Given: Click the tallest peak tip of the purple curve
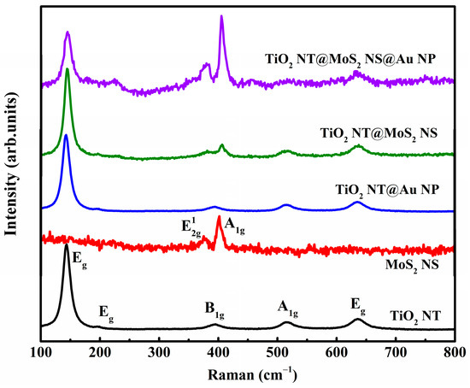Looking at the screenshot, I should tap(221, 16).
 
